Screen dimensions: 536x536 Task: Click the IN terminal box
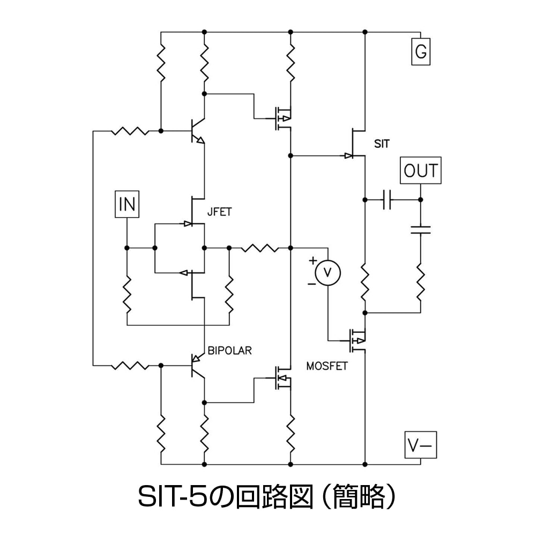[126, 204]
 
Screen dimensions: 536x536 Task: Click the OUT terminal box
[421, 171]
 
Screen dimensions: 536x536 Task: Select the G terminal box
[421, 51]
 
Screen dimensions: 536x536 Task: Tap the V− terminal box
[421, 445]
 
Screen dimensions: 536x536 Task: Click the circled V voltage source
[327, 273]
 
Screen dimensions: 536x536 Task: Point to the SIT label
[383, 143]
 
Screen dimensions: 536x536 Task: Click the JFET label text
[219, 212]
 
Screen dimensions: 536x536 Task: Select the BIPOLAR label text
[229, 351]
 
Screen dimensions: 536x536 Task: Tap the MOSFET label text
[327, 367]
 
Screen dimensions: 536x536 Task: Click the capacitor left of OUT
[389, 200]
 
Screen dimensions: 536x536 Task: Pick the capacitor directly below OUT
[421, 230]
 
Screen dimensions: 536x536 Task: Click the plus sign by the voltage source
[312, 261]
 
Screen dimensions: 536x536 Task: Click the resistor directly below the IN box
[127, 295]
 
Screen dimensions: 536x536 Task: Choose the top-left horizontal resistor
[129, 131]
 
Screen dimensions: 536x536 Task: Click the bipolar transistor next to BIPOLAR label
[196, 366]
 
